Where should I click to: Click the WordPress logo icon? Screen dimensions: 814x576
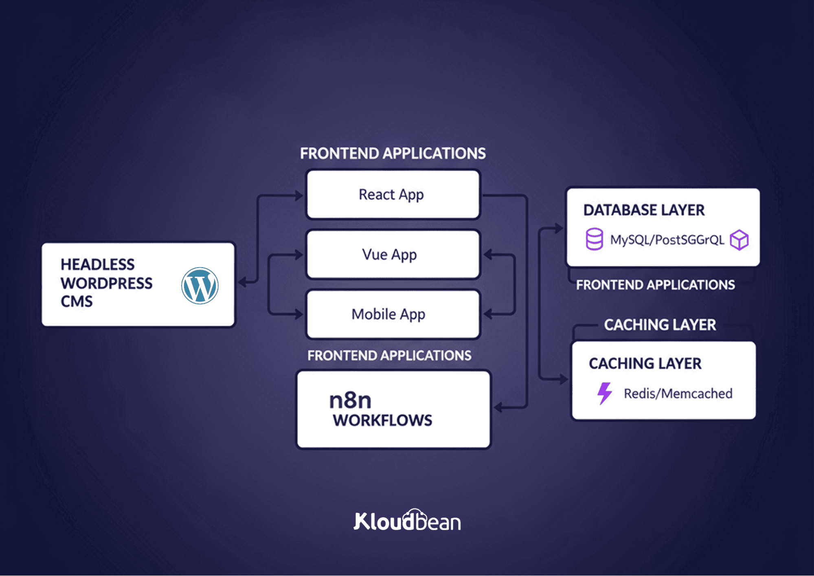click(x=200, y=286)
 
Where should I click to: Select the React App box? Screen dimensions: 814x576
click(x=393, y=195)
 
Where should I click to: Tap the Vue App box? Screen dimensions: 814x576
click(x=393, y=255)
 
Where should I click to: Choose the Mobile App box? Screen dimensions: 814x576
click(x=393, y=314)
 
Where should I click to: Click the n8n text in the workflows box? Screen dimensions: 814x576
click(x=350, y=400)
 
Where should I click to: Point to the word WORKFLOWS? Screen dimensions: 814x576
click(x=382, y=420)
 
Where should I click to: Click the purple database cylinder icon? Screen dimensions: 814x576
click(x=595, y=239)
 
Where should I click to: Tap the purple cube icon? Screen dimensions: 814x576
click(x=739, y=240)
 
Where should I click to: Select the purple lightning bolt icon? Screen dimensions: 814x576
click(x=605, y=393)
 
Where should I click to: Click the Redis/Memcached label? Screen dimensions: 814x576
click(x=678, y=394)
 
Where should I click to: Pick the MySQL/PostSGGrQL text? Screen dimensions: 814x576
click(x=667, y=240)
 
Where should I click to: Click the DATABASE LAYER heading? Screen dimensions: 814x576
click(x=644, y=210)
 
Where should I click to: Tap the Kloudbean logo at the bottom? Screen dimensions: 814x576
click(x=407, y=520)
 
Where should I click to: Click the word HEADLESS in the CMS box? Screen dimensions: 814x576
click(x=97, y=264)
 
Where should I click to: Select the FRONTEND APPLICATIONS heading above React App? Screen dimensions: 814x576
click(x=393, y=154)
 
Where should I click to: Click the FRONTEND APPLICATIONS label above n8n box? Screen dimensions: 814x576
click(x=389, y=356)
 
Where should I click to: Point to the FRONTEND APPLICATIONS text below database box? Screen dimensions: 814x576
click(x=656, y=285)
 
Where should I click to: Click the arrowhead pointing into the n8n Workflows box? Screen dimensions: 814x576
click(x=498, y=407)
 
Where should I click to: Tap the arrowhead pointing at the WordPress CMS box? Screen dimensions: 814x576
click(x=243, y=282)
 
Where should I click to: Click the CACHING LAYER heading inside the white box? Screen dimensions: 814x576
click(x=645, y=363)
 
